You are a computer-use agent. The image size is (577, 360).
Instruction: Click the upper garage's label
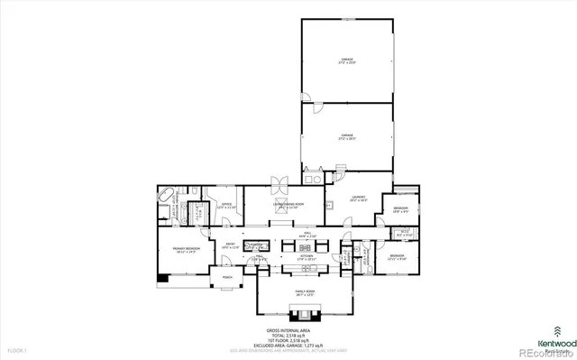tap(346, 61)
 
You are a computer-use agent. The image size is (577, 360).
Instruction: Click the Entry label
tap(231, 245)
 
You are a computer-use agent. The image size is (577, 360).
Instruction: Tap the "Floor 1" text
tap(17, 348)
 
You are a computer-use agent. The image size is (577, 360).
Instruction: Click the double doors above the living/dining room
tap(279, 183)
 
